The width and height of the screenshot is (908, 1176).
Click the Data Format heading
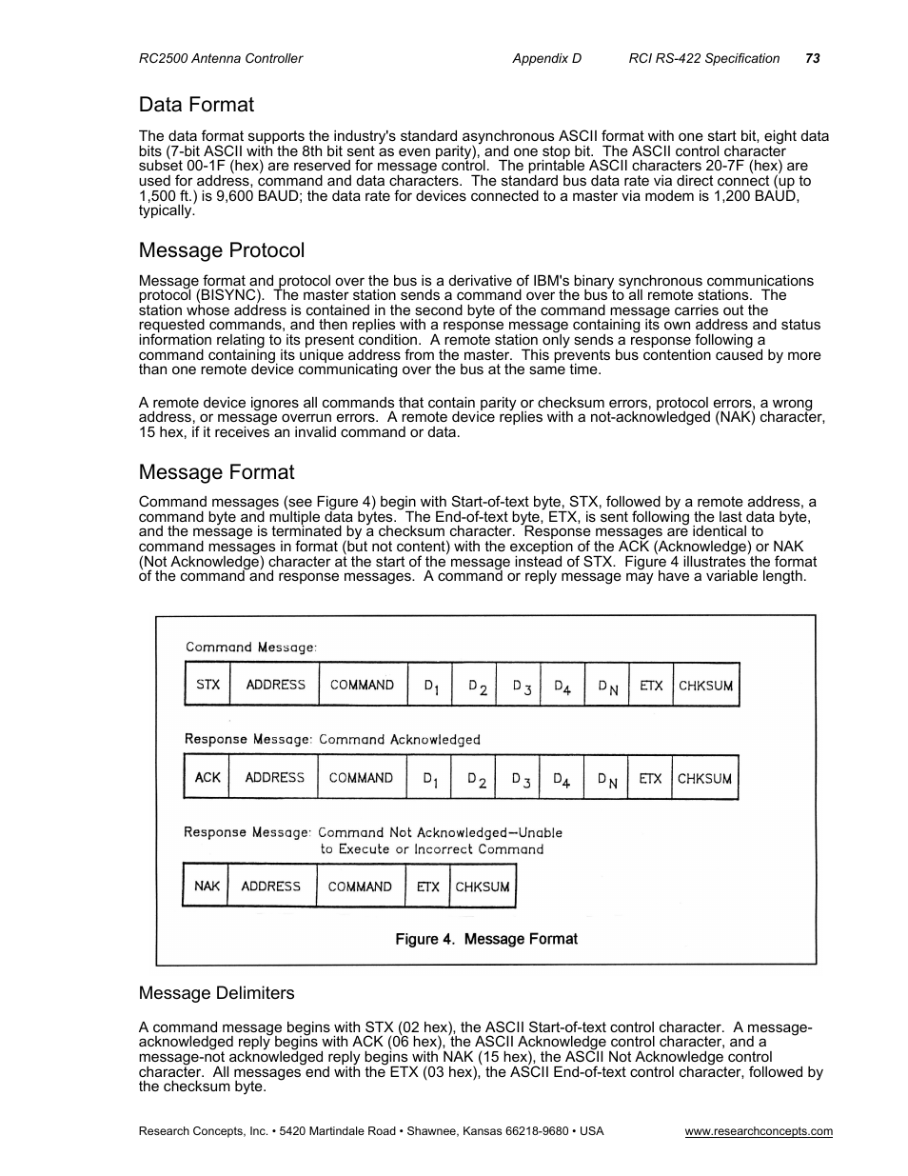(x=196, y=105)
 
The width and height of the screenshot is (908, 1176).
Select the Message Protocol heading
(x=222, y=250)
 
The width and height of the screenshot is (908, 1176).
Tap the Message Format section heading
(x=216, y=472)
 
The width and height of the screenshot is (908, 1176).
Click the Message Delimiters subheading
(x=216, y=993)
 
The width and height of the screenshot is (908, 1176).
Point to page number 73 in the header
(x=812, y=58)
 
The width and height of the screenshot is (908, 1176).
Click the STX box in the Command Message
(x=207, y=685)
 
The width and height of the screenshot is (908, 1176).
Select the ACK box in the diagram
(x=207, y=777)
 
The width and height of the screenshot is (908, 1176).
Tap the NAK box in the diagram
(x=207, y=886)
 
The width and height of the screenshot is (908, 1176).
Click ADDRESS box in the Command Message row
(x=275, y=685)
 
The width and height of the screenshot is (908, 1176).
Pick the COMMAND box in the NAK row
(x=360, y=886)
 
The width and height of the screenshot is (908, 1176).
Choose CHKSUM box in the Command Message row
(x=705, y=685)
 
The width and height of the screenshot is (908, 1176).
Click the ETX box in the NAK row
(x=428, y=886)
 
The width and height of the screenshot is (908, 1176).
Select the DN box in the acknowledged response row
(x=606, y=777)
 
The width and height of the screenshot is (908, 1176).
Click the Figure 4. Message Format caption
(x=486, y=939)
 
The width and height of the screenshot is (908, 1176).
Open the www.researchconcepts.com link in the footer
(x=759, y=1131)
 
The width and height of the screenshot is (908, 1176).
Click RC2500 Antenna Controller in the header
(x=221, y=58)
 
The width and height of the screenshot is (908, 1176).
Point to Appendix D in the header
(x=546, y=58)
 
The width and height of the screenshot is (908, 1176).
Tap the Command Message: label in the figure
(x=251, y=648)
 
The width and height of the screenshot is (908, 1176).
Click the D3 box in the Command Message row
(x=521, y=685)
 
